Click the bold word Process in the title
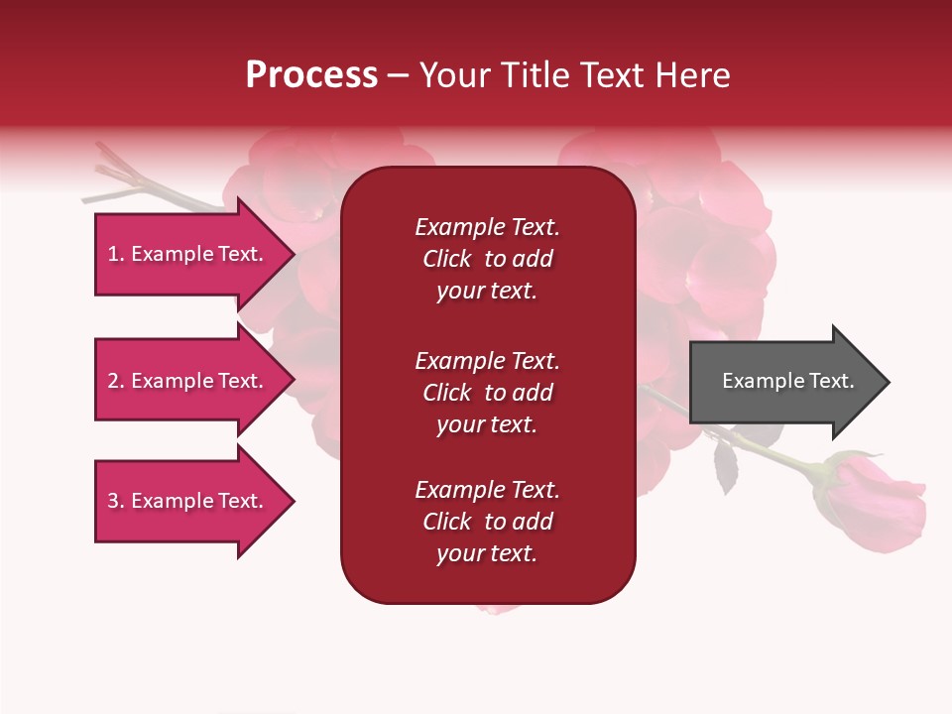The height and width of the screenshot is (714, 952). [311, 75]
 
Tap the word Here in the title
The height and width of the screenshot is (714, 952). [692, 75]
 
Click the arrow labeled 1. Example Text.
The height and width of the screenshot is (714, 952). [188, 255]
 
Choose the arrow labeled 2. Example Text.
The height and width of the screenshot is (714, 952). [188, 382]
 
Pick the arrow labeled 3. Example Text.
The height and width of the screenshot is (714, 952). [188, 502]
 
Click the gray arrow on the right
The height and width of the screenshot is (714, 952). [783, 382]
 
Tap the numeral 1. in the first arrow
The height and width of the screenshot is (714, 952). [115, 254]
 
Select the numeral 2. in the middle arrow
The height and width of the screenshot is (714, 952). [115, 381]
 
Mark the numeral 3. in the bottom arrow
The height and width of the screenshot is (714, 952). [115, 501]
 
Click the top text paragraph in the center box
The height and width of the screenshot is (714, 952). [487, 259]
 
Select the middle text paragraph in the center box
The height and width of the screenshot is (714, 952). [487, 393]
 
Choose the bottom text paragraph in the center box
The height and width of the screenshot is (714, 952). [487, 522]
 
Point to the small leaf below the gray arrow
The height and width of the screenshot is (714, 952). [726, 466]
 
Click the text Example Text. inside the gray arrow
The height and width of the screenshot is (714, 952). [787, 381]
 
